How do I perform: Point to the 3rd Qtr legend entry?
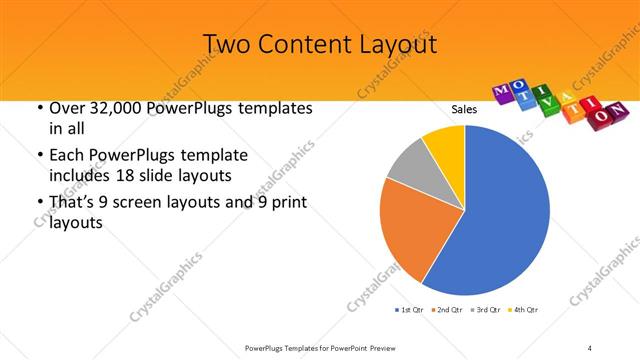[x=486, y=310]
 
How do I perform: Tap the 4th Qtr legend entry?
[x=523, y=310]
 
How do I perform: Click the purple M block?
[x=504, y=93]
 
